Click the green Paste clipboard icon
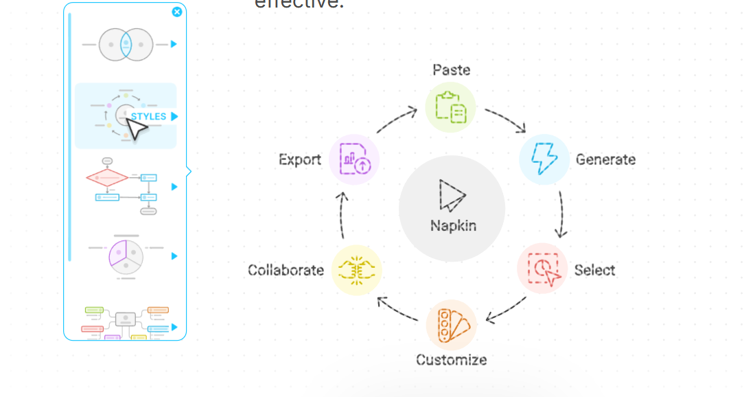click(450, 107)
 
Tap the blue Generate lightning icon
click(544, 159)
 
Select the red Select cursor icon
click(542, 269)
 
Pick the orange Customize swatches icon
click(451, 325)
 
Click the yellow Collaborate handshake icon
click(356, 270)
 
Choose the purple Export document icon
click(354, 159)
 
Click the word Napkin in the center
click(453, 225)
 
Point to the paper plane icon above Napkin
click(452, 195)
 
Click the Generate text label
click(605, 159)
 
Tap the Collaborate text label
click(286, 270)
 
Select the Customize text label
click(451, 359)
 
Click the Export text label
click(300, 159)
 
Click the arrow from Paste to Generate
click(505, 120)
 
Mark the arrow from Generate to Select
click(561, 214)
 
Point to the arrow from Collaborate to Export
click(343, 215)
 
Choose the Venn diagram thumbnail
click(125, 45)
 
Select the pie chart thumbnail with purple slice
click(125, 256)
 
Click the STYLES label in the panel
click(148, 116)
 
